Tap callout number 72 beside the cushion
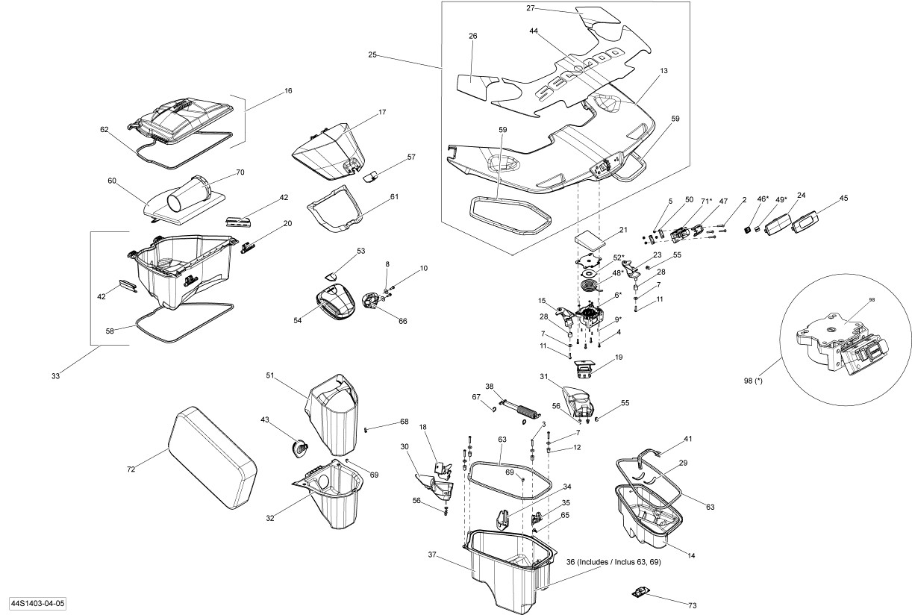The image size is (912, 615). click(x=132, y=469)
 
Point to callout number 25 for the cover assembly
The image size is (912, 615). click(x=372, y=54)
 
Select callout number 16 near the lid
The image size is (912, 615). click(x=288, y=90)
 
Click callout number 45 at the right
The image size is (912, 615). click(x=843, y=199)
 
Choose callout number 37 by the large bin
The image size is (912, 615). click(x=432, y=555)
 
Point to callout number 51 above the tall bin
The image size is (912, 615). click(x=271, y=375)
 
